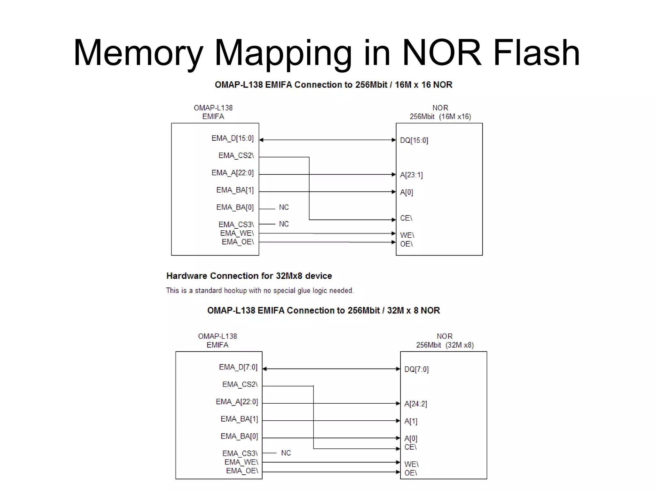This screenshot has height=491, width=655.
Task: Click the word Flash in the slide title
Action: pyautogui.click(x=536, y=53)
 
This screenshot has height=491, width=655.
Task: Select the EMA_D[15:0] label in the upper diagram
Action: pyautogui.click(x=233, y=138)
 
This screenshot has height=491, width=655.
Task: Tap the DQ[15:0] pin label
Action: pyautogui.click(x=414, y=140)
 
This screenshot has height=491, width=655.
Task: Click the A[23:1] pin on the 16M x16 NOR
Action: pyautogui.click(x=411, y=175)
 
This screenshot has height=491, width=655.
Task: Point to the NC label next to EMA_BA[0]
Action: pyautogui.click(x=284, y=207)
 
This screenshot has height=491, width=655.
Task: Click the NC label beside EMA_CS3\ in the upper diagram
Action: pyautogui.click(x=284, y=224)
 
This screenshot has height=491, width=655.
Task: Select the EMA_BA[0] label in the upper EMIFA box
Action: pyautogui.click(x=235, y=207)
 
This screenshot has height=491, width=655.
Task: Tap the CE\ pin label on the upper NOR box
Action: pyautogui.click(x=406, y=218)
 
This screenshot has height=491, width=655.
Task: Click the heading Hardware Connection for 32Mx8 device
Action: pyautogui.click(x=249, y=276)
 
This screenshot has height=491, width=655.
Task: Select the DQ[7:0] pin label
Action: pyautogui.click(x=416, y=369)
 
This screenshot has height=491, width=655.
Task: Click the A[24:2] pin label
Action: pyautogui.click(x=415, y=404)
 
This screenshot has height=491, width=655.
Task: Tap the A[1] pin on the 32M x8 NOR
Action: pyautogui.click(x=411, y=421)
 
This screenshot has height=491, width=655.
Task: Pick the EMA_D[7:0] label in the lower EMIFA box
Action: pyautogui.click(x=238, y=367)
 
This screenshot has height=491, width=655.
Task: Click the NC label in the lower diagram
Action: pyautogui.click(x=286, y=453)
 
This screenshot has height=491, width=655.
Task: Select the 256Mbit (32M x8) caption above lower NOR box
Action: pyautogui.click(x=445, y=345)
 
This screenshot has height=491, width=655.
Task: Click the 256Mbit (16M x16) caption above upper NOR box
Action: pyautogui.click(x=440, y=117)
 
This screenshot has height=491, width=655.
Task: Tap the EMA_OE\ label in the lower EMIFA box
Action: pyautogui.click(x=242, y=471)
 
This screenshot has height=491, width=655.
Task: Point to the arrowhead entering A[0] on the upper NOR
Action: pyautogui.click(x=394, y=192)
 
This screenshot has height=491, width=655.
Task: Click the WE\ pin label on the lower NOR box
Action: pyautogui.click(x=411, y=464)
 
